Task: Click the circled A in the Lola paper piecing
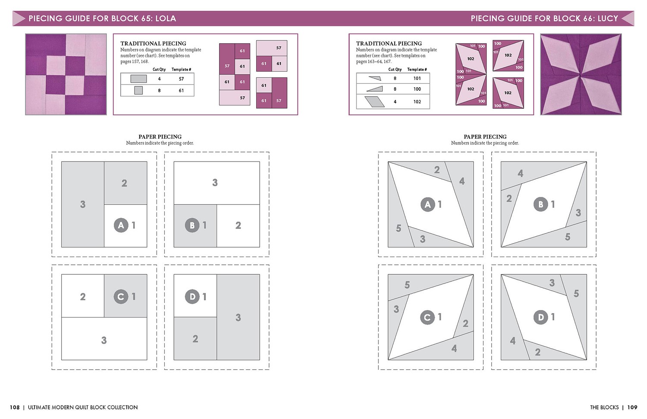121,225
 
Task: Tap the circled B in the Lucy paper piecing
540,204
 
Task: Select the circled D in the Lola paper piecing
192,297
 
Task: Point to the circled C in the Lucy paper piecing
427,317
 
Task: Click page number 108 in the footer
15,407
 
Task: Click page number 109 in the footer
632,407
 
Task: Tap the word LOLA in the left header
166,19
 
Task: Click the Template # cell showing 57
181,79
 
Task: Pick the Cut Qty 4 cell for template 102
395,102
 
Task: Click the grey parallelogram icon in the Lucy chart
374,102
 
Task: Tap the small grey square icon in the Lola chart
138,91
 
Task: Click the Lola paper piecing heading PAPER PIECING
160,136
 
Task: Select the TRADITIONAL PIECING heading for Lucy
389,44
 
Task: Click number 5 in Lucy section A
399,228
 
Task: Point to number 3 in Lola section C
104,340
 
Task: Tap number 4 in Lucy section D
513,341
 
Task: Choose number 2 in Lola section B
238,225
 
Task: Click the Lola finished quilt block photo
66,74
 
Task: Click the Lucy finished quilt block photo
581,74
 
